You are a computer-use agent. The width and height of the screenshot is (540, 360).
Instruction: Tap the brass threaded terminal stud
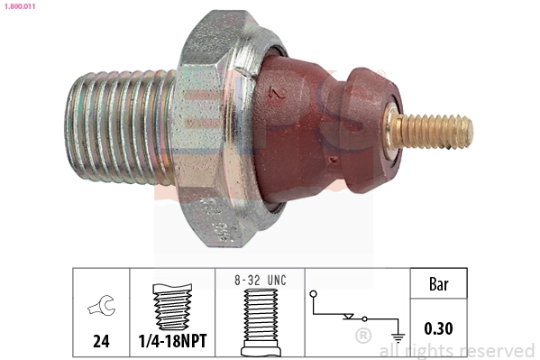(438, 132)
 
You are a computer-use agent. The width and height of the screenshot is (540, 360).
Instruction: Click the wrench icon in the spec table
(101, 309)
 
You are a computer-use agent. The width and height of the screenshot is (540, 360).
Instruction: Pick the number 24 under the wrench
(101, 341)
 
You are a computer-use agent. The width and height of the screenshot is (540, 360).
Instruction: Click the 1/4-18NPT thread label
(173, 341)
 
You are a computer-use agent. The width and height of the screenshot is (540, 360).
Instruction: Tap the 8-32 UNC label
(260, 281)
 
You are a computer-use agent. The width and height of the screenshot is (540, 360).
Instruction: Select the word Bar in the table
(438, 286)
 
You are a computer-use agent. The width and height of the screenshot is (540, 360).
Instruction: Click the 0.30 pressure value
(438, 329)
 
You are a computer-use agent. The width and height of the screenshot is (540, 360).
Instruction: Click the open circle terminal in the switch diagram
(312, 293)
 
